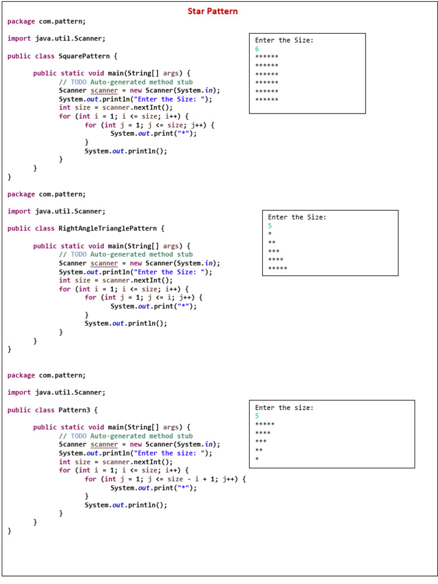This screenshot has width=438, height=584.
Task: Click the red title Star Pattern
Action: point(212,11)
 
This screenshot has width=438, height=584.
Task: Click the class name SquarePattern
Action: point(84,56)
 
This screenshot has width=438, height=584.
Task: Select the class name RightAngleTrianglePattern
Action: point(108,228)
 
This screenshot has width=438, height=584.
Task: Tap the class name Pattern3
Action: point(74,410)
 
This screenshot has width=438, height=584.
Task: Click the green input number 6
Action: point(257,49)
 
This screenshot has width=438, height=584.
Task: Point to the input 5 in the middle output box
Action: point(270,226)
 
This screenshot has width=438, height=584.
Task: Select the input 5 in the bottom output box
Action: point(257,416)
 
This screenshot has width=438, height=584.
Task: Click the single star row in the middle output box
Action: point(270,234)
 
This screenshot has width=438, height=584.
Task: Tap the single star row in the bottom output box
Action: point(257,459)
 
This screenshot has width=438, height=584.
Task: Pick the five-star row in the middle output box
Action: point(278,268)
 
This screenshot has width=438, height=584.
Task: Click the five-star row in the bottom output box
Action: point(265,424)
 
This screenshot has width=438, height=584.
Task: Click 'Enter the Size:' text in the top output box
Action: point(284,40)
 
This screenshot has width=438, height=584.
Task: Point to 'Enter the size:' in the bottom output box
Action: point(284,408)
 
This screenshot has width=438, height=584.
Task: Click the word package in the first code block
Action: point(21,22)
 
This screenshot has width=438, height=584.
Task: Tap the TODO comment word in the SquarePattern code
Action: point(79,82)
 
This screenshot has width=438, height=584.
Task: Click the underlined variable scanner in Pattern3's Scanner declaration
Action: point(104,445)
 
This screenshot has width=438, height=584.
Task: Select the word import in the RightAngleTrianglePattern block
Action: point(19,212)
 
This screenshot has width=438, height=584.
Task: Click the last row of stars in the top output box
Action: point(267,99)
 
